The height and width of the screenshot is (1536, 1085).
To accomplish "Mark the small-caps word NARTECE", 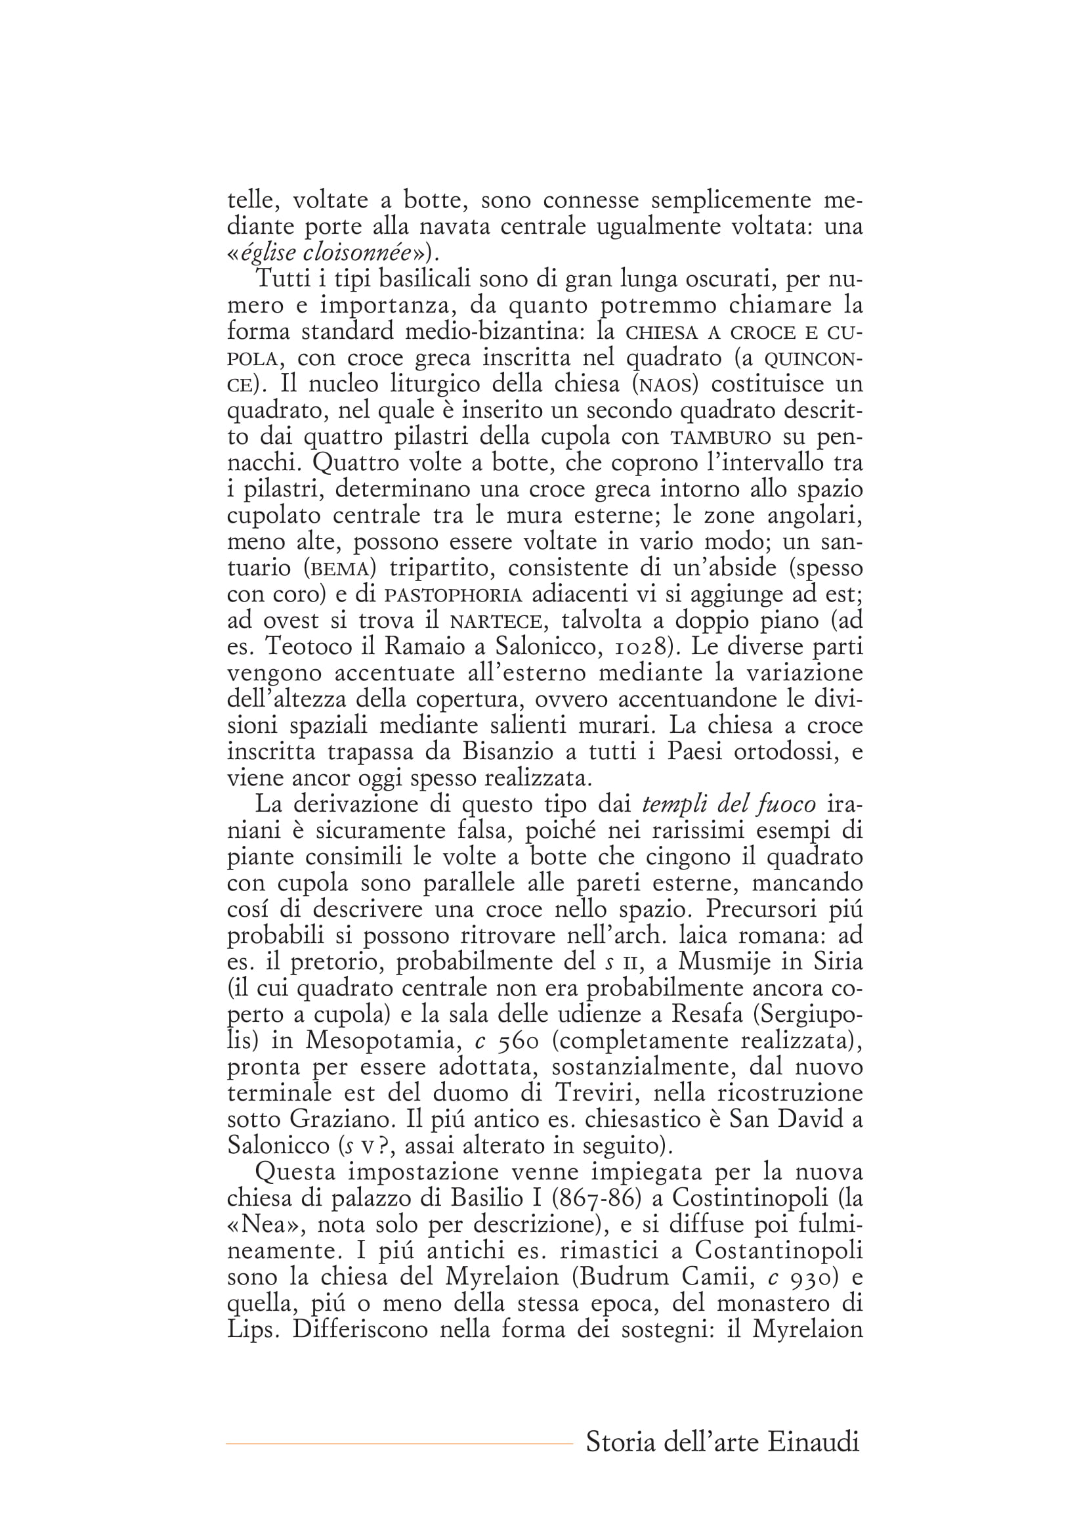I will (x=494, y=621).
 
